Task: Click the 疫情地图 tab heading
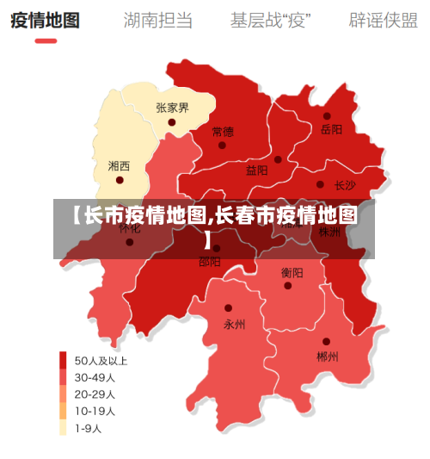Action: [45, 19]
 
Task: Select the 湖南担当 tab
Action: [158, 19]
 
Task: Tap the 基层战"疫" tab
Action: [271, 19]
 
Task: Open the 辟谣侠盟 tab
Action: [383, 19]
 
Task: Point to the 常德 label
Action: [222, 132]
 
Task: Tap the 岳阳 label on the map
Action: [331, 130]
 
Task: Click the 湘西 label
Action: [120, 165]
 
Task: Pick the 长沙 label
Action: [345, 184]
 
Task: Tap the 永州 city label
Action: [234, 325]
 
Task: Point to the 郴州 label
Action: [327, 356]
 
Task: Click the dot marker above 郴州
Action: [326, 342]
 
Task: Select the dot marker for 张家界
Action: [172, 122]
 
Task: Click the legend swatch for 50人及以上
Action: [63, 360]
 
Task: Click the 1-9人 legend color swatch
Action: [63, 427]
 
